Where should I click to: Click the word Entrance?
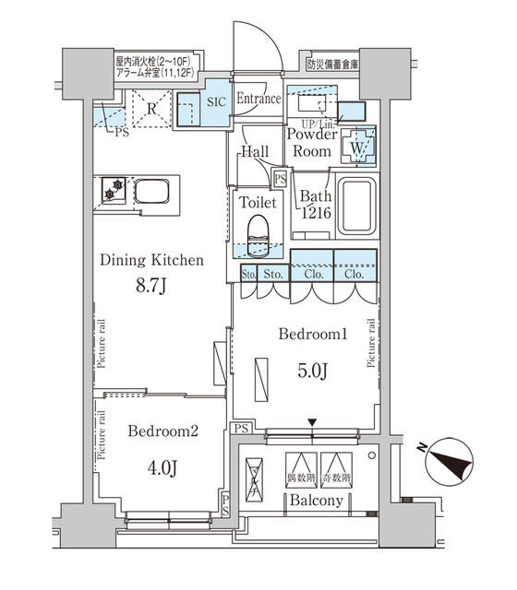click(258, 99)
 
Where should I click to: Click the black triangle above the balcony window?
click(315, 423)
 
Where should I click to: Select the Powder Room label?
click(311, 143)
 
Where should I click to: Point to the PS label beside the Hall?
click(280, 179)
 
